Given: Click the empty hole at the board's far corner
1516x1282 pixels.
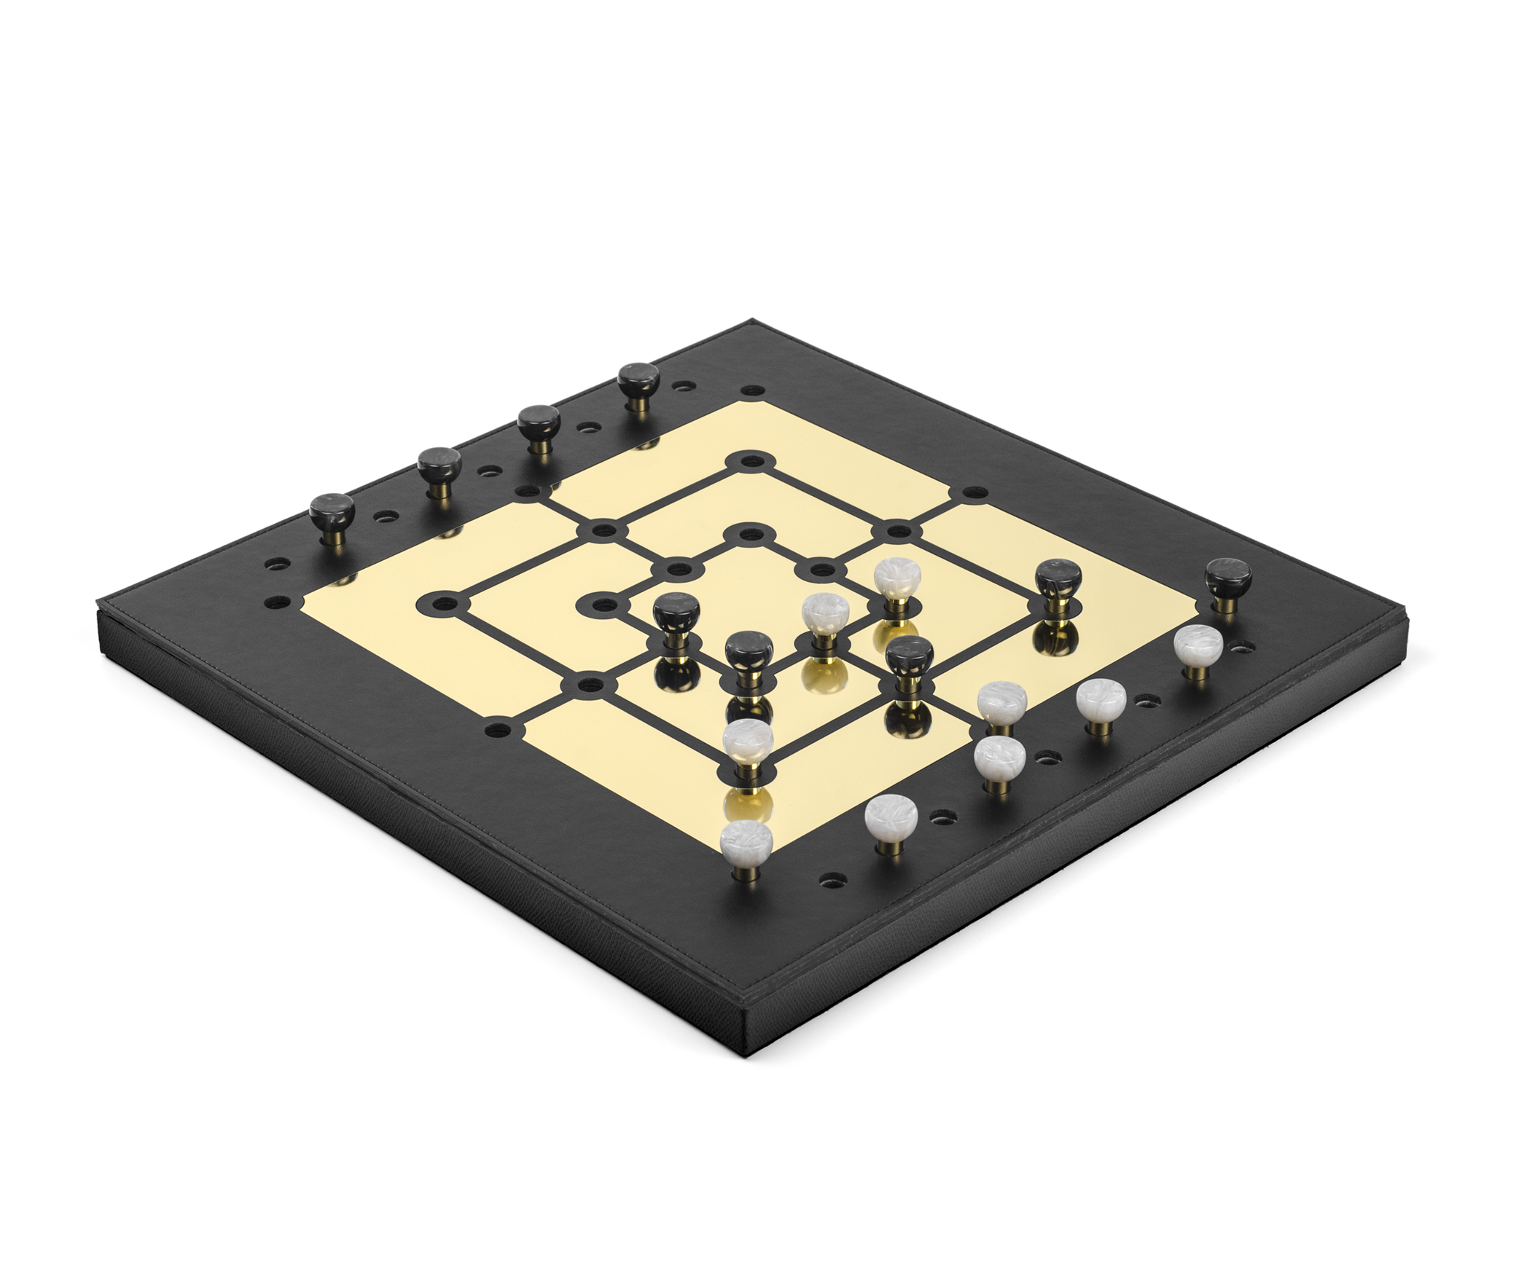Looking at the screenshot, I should click(x=754, y=391).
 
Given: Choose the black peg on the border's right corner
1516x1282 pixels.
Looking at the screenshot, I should click(x=1228, y=577).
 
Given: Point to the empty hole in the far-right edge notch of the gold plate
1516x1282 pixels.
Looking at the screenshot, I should click(x=975, y=492).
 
